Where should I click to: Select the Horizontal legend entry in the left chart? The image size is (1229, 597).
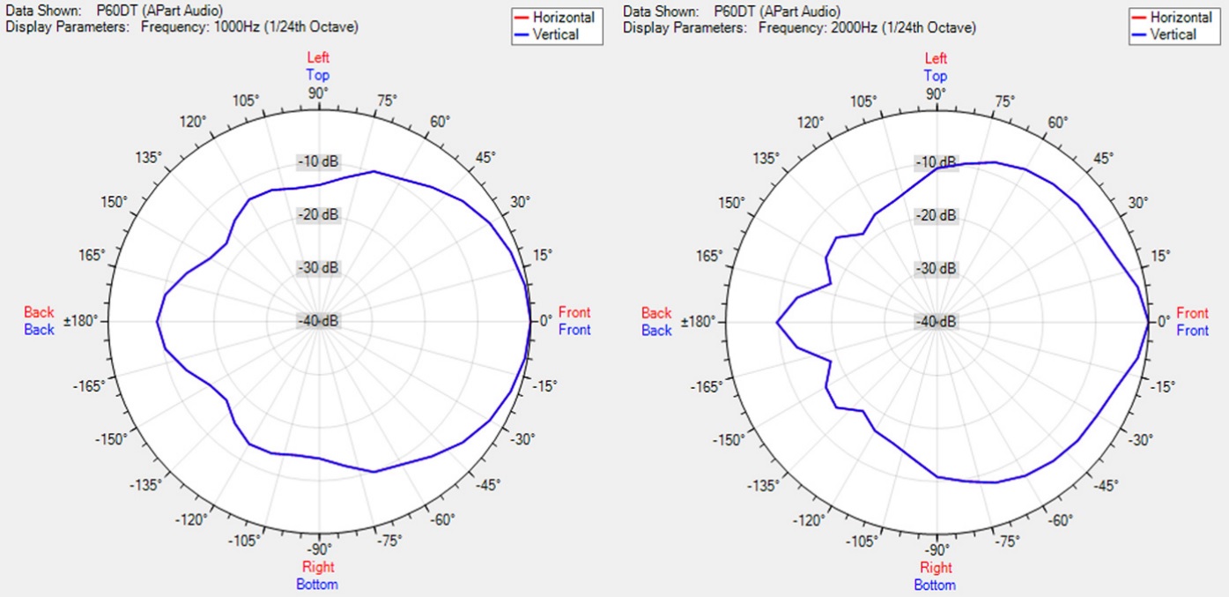563,17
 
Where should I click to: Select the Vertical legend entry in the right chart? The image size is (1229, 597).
1173,34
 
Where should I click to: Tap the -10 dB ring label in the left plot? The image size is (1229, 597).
318,162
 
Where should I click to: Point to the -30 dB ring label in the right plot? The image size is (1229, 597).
936,268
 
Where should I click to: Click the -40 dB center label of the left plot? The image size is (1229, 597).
318,321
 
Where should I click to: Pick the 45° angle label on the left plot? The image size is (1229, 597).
485,157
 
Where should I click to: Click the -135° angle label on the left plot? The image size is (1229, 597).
145,486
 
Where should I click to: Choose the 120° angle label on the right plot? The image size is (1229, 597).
810,121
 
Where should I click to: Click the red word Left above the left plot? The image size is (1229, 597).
318,58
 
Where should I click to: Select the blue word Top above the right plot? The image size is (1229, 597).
936,76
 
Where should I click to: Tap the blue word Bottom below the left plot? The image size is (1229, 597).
319,584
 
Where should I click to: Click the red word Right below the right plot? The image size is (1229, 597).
936,568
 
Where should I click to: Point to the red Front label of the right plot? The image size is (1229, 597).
1192,313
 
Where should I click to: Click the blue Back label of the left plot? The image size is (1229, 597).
39,330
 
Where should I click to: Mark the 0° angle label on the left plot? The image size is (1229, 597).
544,321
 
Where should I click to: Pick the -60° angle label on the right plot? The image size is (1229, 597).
1062,520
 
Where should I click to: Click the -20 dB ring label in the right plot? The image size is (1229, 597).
936,215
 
